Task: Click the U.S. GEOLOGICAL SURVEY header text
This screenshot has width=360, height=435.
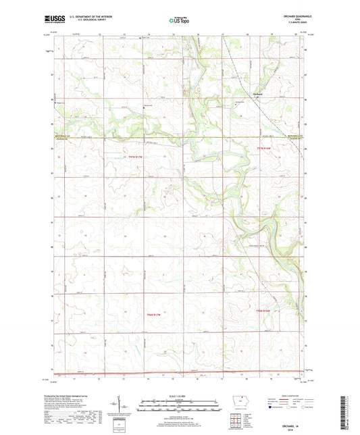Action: point(80,22)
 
